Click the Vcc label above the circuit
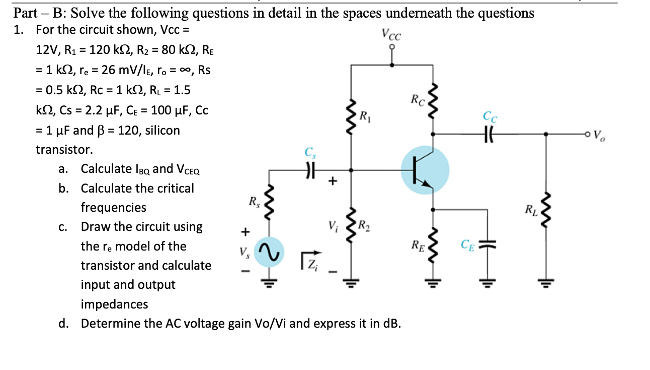pyautogui.click(x=391, y=35)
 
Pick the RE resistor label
pyautogui.click(x=417, y=245)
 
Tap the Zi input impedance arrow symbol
pyautogui.click(x=313, y=259)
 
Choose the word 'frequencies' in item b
pyautogui.click(x=113, y=207)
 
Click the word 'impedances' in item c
pyautogui.click(x=114, y=304)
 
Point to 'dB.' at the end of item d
pyautogui.click(x=392, y=324)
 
